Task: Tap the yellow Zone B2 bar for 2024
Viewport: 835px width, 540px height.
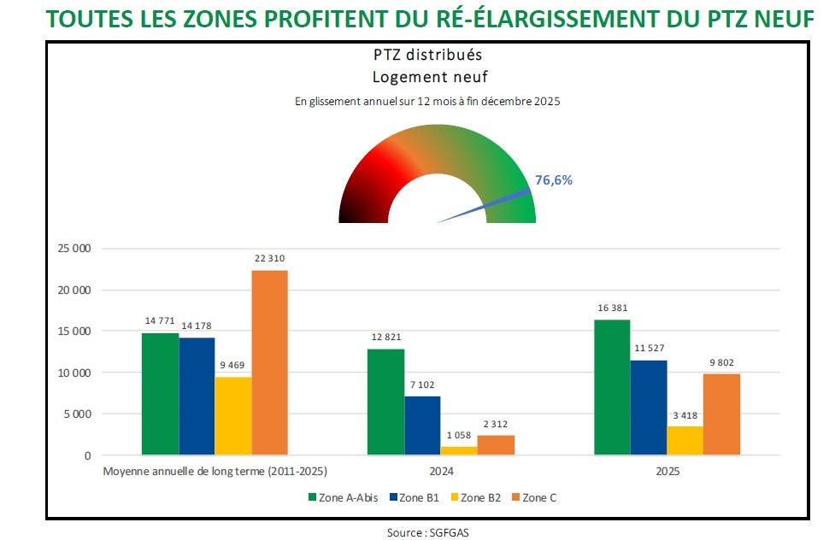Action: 459,450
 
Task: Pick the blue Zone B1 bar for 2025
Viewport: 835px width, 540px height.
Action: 649,408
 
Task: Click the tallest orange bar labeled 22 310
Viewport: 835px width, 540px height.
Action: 269,362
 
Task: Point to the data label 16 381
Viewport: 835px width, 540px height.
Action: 611,308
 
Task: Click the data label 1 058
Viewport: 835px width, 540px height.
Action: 459,434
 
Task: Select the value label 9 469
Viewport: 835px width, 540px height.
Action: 233,365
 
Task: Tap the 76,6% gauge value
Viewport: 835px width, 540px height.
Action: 553,180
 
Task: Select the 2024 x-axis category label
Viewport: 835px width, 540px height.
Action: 422,471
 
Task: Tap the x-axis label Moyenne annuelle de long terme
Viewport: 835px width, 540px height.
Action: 215,471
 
